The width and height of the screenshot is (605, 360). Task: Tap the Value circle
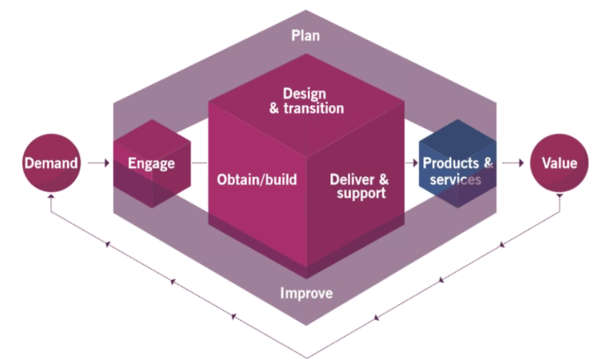pyautogui.click(x=559, y=164)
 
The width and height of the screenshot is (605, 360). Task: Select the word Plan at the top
pyautogui.click(x=306, y=35)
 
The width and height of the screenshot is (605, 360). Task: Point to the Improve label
pyautogui.click(x=306, y=293)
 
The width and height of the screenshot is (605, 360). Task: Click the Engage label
pyautogui.click(x=151, y=164)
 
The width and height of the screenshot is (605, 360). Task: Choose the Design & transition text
pyautogui.click(x=305, y=101)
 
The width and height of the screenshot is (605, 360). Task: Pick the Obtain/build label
pyautogui.click(x=257, y=180)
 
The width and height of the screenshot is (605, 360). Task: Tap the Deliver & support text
pyautogui.click(x=360, y=186)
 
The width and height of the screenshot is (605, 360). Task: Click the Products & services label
pyautogui.click(x=457, y=171)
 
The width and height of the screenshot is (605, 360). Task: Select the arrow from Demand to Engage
pyautogui.click(x=98, y=164)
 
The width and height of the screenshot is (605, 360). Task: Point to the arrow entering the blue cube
pyautogui.click(x=410, y=164)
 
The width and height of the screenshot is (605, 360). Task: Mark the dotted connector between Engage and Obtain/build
pyautogui.click(x=199, y=164)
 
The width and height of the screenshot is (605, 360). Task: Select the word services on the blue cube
pyautogui.click(x=455, y=180)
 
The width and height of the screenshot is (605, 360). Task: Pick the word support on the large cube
pyautogui.click(x=361, y=193)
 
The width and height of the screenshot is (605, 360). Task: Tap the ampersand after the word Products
pyautogui.click(x=488, y=163)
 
